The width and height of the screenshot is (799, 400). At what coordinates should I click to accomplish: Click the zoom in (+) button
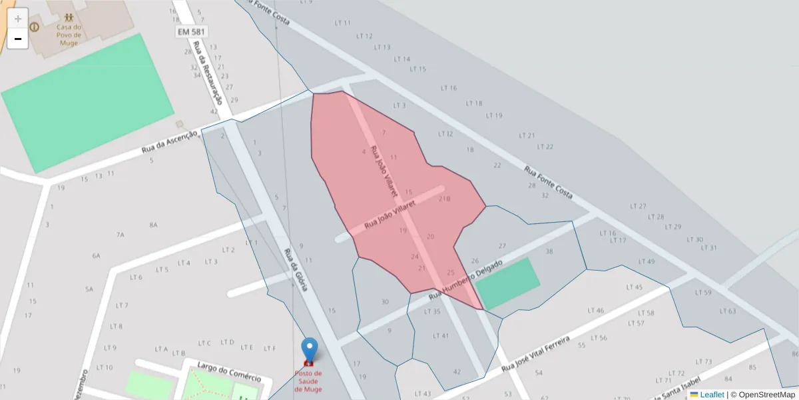[18, 19]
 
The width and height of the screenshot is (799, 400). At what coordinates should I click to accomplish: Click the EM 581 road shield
[192, 31]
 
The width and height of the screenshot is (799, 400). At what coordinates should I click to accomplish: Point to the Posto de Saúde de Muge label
[308, 381]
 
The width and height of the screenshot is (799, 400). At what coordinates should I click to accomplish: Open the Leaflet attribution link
[712, 394]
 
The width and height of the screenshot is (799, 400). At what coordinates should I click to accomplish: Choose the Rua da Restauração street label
[206, 72]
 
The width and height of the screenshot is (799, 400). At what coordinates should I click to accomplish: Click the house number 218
[444, 199]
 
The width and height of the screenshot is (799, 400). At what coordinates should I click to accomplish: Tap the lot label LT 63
[728, 311]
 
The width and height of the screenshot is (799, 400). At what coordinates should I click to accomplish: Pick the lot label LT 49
[646, 261]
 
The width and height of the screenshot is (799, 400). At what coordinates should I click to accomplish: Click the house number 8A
[153, 225]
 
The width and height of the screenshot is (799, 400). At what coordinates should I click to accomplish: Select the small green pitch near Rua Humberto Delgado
[508, 283]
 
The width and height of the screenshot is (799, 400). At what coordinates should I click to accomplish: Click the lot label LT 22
[545, 147]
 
